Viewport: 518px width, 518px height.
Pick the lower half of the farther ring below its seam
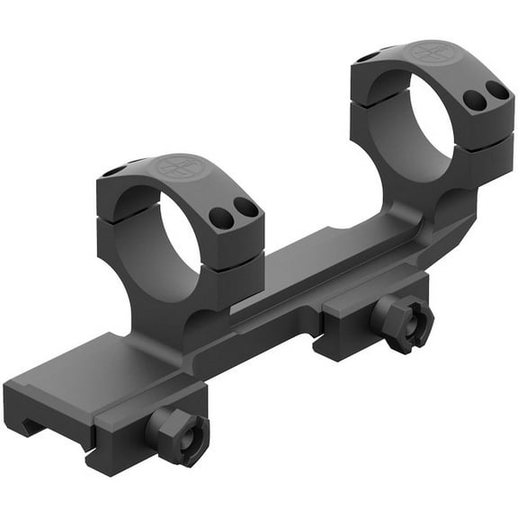(x=486, y=157)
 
